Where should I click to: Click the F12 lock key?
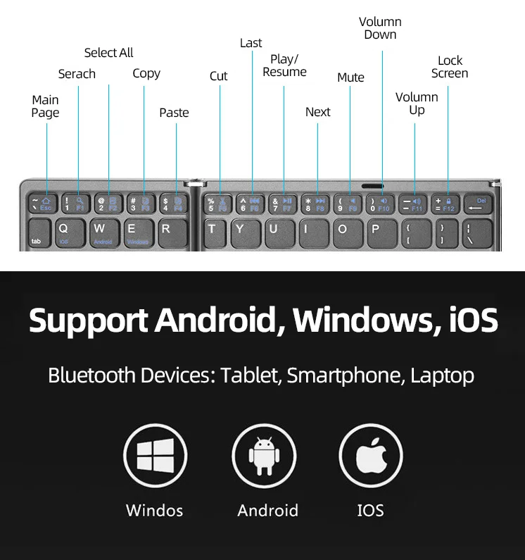coord(445,204)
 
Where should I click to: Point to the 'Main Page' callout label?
coord(45,106)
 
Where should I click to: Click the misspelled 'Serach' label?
coord(77,74)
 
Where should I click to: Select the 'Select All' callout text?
coord(108,53)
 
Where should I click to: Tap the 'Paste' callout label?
coord(174,113)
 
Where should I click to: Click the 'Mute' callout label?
coord(350,77)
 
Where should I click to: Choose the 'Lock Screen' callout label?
coord(450,67)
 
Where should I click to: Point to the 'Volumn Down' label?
coord(380,28)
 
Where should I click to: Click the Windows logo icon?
coord(155,455)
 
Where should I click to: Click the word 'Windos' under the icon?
coord(154,510)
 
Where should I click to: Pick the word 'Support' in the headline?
coord(87,321)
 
